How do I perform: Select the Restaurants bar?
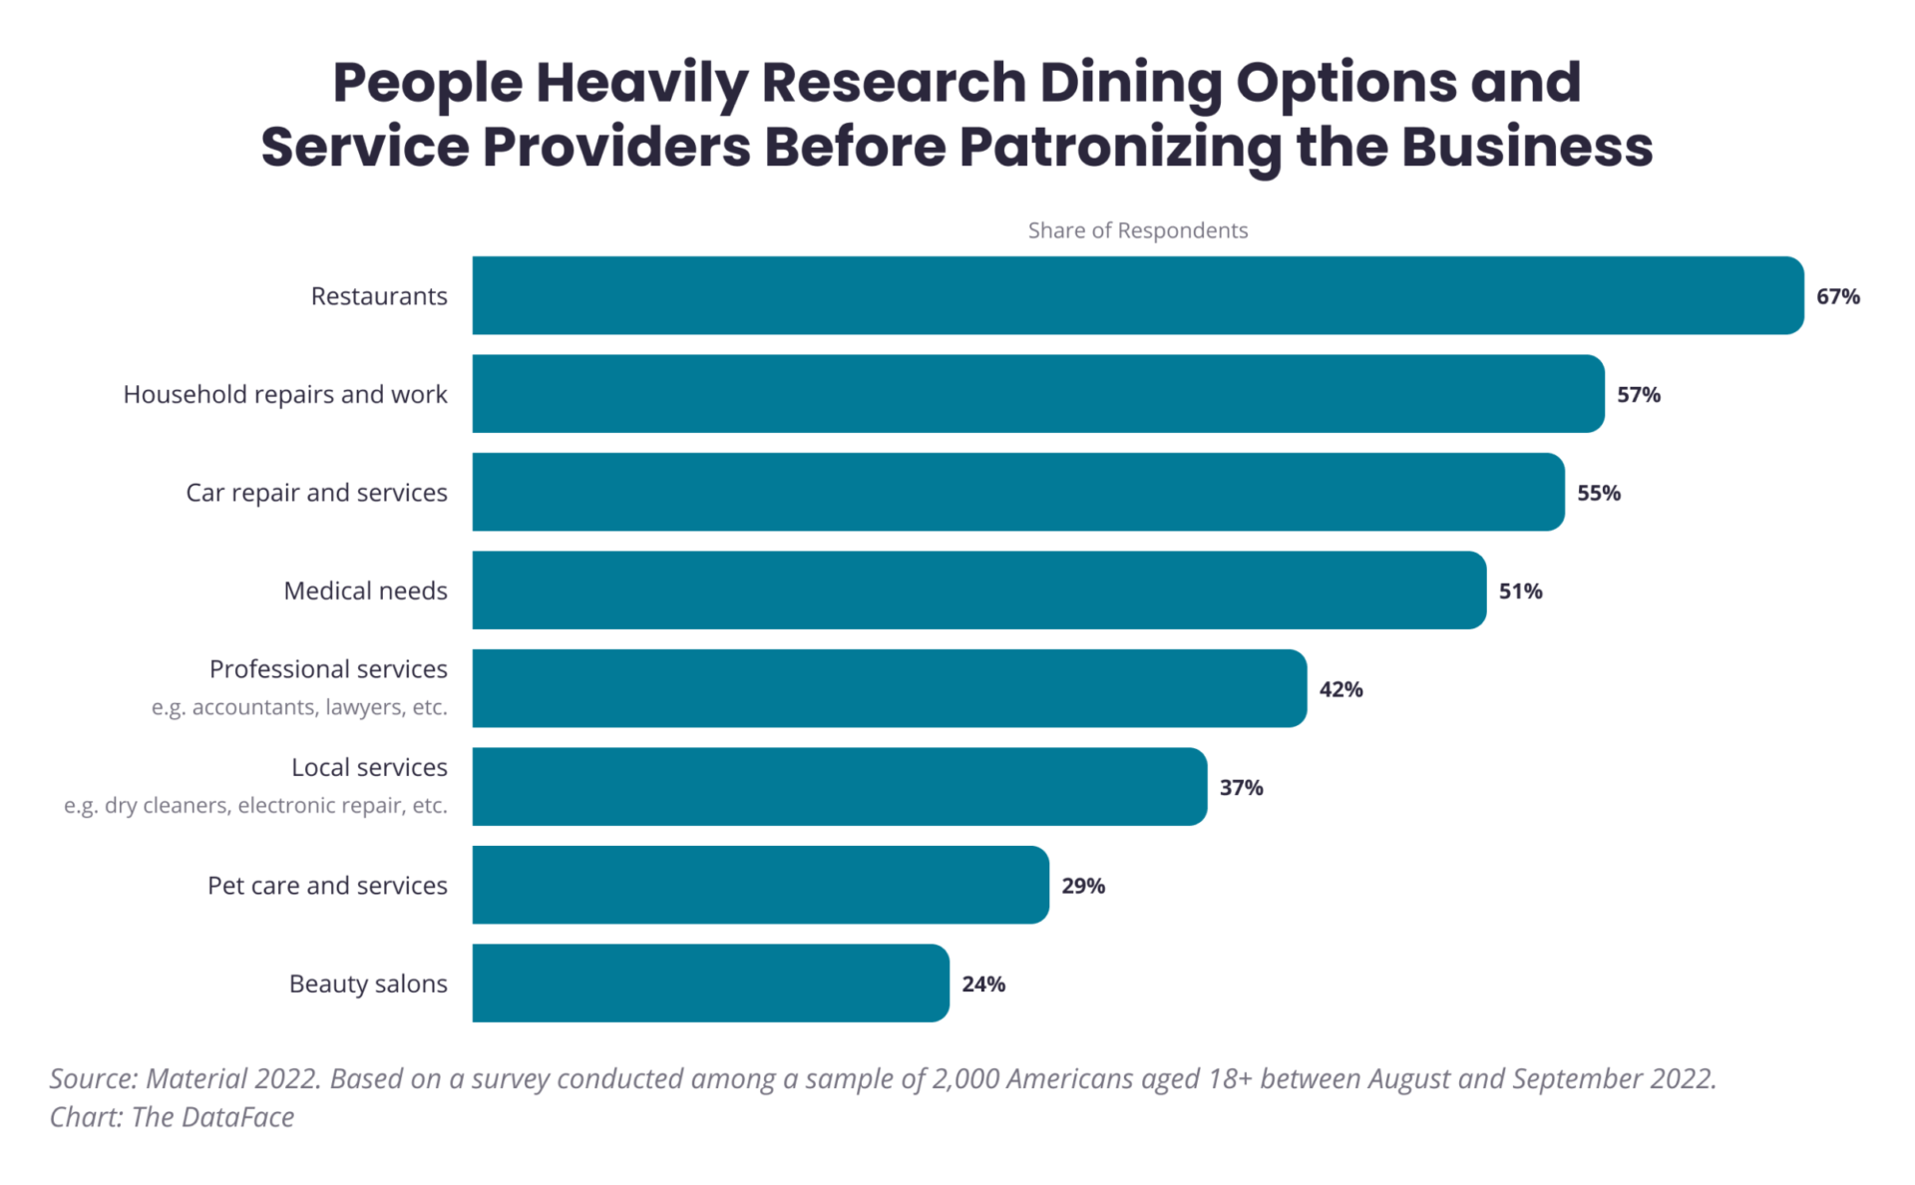click(x=1137, y=295)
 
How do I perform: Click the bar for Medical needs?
click(x=978, y=591)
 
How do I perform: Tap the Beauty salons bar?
click(x=710, y=984)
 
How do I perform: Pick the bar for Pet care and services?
click(x=760, y=885)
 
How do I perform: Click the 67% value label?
click(x=1837, y=296)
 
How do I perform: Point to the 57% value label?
click(x=1638, y=395)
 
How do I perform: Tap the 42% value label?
click(x=1340, y=689)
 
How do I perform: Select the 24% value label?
click(x=982, y=985)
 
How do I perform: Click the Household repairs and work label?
click(x=285, y=395)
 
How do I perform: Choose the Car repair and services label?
click(x=316, y=493)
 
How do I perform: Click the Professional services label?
click(x=328, y=669)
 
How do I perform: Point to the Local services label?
click(x=369, y=767)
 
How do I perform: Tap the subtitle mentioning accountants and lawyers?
click(x=299, y=707)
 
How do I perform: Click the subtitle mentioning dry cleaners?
click(x=255, y=805)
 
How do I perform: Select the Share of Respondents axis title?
click(x=1137, y=230)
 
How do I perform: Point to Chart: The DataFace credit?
click(x=172, y=1117)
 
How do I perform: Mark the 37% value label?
click(x=1241, y=788)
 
